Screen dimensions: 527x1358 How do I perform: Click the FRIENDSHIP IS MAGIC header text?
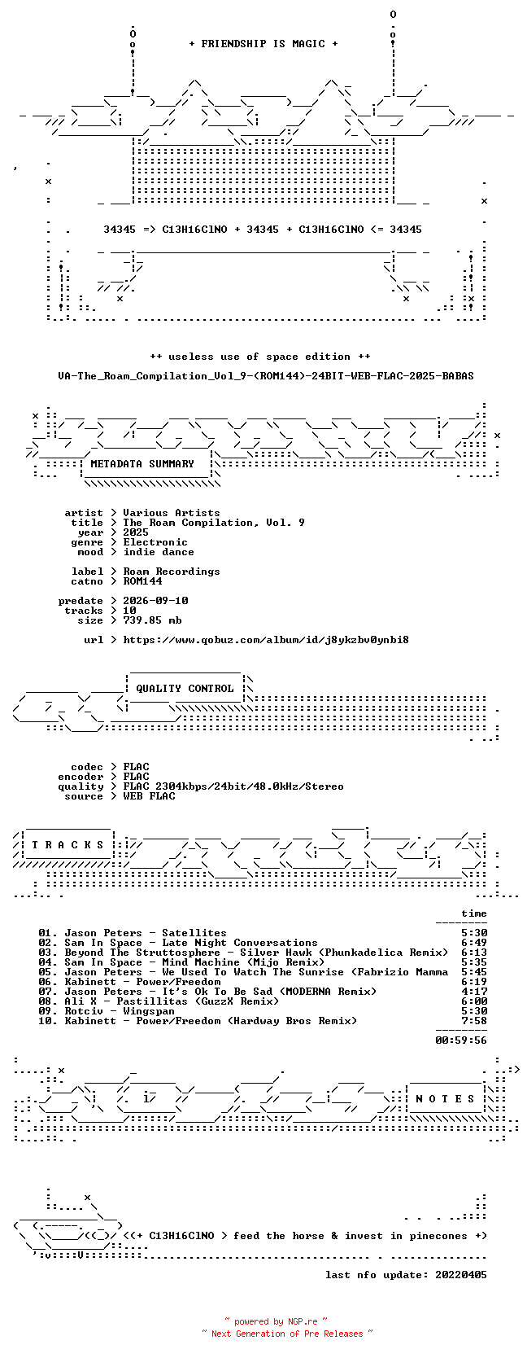[x=263, y=44]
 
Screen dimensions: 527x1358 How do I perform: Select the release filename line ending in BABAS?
[x=266, y=376]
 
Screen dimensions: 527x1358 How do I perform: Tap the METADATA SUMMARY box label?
[x=142, y=464]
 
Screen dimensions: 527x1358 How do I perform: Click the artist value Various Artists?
[x=172, y=513]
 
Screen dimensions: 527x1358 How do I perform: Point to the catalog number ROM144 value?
[x=142, y=581]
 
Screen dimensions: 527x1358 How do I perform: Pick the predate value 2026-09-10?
[x=155, y=601]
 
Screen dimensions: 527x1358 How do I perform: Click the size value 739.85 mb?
[x=152, y=620]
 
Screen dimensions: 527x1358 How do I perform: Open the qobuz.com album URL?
[x=266, y=640]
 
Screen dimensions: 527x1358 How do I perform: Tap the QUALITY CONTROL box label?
[x=185, y=689]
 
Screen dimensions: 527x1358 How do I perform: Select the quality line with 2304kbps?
[x=233, y=786]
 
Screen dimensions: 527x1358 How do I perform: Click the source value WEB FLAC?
[x=149, y=796]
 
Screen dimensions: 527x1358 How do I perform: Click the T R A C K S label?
[x=68, y=845]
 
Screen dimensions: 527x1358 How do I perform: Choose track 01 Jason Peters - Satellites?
[x=133, y=933]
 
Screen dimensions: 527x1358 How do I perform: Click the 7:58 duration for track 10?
[x=474, y=1021]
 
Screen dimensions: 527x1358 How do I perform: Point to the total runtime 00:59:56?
[x=461, y=1040]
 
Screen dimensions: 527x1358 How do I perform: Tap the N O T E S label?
[x=445, y=1099]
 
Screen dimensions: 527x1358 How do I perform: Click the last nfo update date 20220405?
[x=461, y=1275]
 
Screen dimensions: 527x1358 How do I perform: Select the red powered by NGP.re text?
[x=276, y=1321]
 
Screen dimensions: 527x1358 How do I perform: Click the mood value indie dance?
[x=159, y=552]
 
